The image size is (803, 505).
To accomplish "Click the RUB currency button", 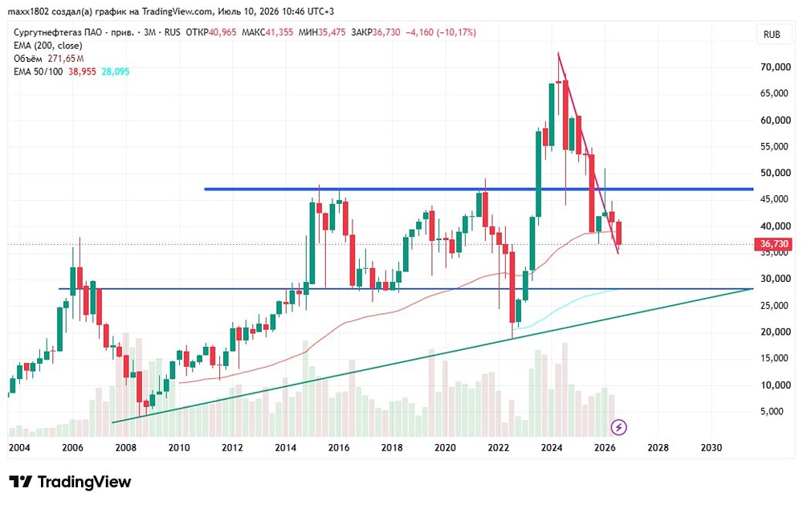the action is click(x=772, y=35).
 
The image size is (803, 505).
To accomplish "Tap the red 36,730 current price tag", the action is click(x=773, y=244).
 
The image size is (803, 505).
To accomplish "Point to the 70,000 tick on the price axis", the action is click(x=776, y=67).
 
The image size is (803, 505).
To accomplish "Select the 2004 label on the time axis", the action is click(x=19, y=448).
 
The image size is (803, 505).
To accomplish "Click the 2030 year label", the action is click(x=711, y=448).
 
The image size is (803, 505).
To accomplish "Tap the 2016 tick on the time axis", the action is click(x=339, y=448).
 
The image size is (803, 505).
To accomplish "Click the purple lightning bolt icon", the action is click(x=618, y=427).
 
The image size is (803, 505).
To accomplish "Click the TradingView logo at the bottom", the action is click(x=70, y=482).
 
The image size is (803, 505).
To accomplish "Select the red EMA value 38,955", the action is click(x=82, y=71).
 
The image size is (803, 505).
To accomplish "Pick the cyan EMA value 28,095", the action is click(x=115, y=71).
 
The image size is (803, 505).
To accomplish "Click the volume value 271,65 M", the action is click(x=66, y=59).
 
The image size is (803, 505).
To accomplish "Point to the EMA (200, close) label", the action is click(x=47, y=46).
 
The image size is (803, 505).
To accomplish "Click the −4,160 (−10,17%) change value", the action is click(x=441, y=32).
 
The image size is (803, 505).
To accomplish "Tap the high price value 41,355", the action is click(x=279, y=32).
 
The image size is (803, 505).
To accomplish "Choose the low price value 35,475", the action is click(x=332, y=32).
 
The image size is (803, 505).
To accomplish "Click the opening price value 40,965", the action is click(x=222, y=32).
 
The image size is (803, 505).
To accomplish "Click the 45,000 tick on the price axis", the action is click(x=776, y=199).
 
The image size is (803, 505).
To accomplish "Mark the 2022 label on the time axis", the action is click(x=499, y=448).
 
